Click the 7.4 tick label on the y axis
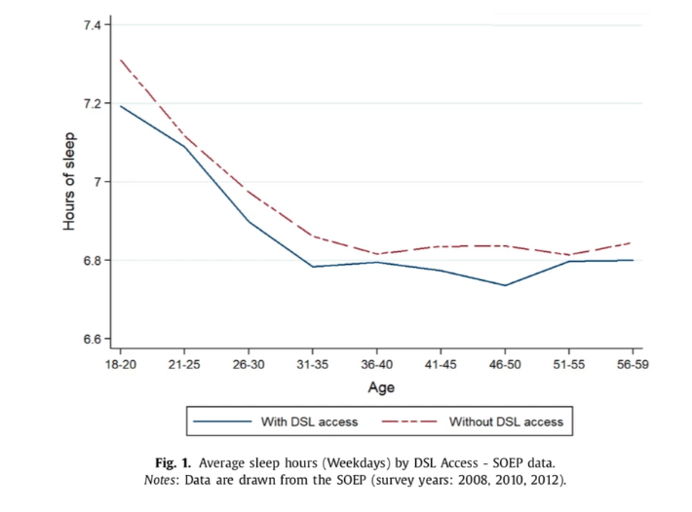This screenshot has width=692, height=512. pos(92,25)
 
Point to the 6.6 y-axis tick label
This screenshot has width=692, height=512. pos(92,339)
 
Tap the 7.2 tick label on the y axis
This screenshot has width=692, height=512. pos(92,103)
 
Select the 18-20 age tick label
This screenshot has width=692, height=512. pos(121,364)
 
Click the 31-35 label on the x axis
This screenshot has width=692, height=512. pos(313,364)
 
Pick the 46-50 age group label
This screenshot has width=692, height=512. pos(505,364)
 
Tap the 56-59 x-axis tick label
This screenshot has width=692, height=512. pos(633,364)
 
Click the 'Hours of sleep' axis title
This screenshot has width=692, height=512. pos(69,181)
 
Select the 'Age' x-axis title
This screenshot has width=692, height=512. pos(381,387)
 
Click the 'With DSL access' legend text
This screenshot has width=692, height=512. pos(309,421)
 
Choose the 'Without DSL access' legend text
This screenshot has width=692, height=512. pos(506,421)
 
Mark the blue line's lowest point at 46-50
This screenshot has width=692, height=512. pos(505,285)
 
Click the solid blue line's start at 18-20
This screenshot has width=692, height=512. pos(121,106)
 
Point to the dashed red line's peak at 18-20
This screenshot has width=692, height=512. pos(121,59)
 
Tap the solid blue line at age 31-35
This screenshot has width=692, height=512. pos(313,267)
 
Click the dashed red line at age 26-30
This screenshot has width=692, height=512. pos(249,192)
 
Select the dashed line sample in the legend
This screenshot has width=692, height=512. pos(409,421)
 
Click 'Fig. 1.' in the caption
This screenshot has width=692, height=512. pos(173,462)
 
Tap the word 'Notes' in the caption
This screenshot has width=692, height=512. pos(159,480)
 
